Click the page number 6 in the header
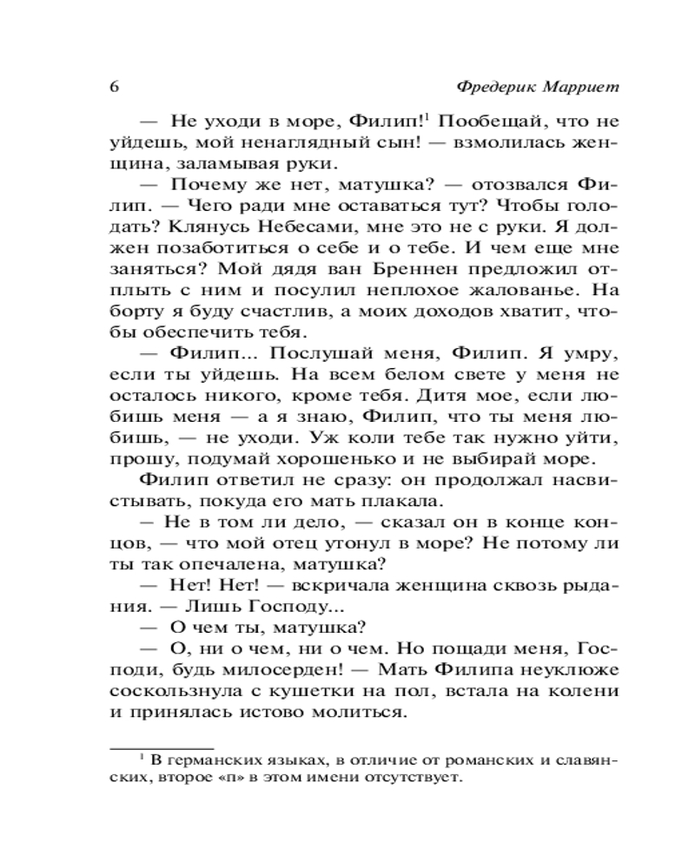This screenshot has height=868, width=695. [114, 89]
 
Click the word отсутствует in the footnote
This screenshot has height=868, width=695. [412, 779]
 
